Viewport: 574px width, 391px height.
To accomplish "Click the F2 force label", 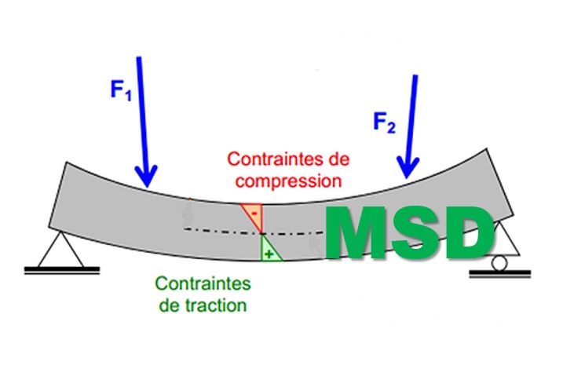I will click(x=385, y=123).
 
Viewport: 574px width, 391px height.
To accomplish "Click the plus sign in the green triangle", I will click(x=270, y=254).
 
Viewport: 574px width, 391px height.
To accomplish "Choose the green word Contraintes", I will click(x=203, y=283).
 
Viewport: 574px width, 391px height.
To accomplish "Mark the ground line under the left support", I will click(x=62, y=271).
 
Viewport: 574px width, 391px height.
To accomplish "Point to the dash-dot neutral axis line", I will click(x=220, y=230).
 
